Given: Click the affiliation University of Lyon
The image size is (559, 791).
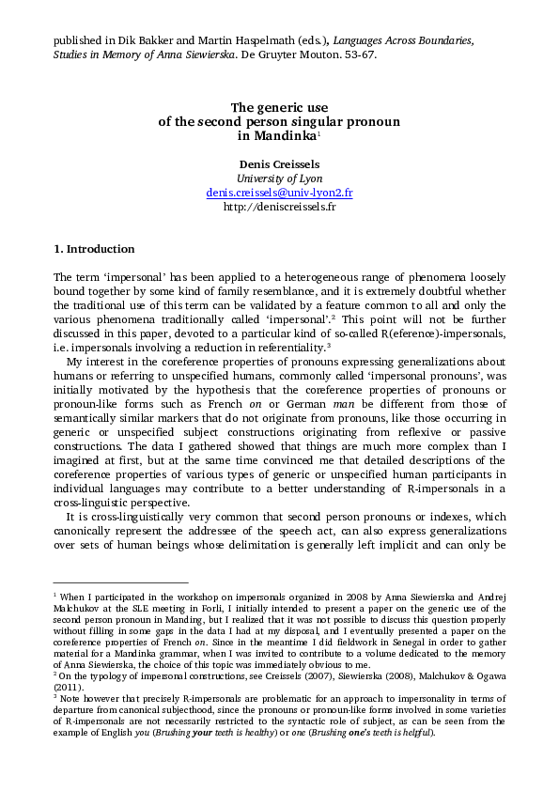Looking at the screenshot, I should click(279, 178).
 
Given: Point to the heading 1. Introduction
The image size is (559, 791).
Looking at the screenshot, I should click(94, 249).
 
